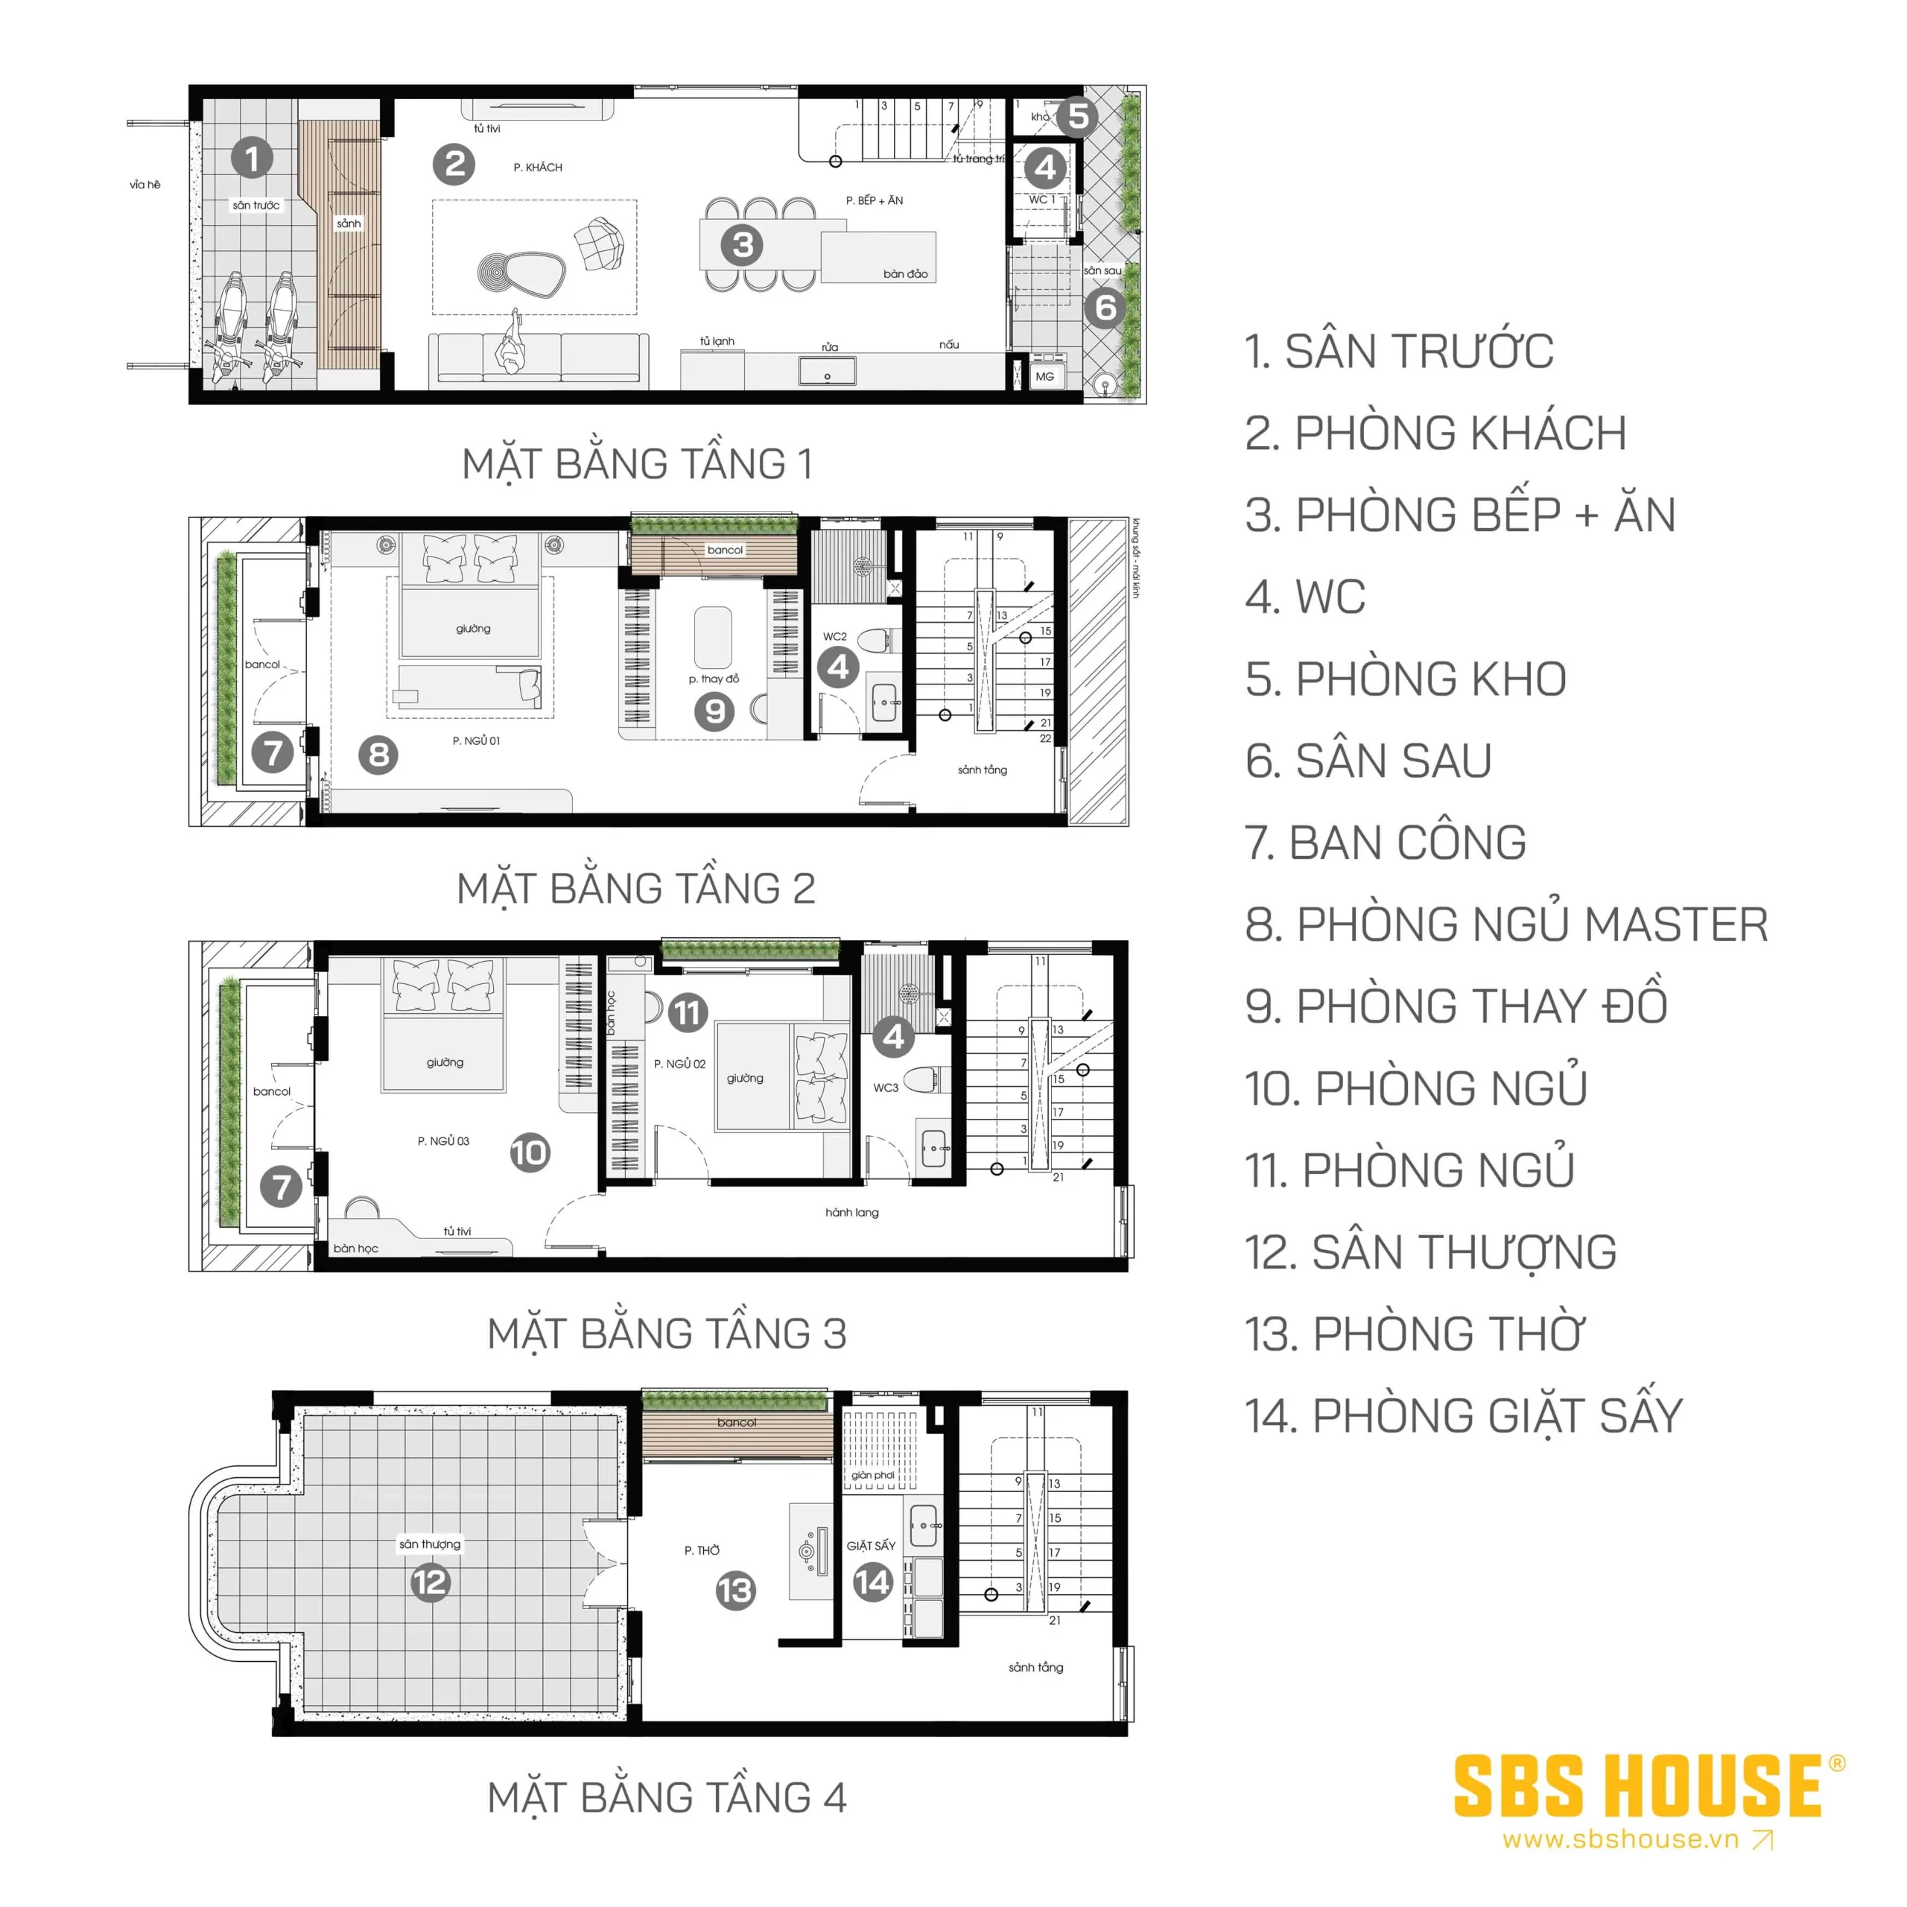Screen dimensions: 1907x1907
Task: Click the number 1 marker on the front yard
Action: (x=252, y=158)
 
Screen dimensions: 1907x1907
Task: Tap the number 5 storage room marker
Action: (x=1078, y=115)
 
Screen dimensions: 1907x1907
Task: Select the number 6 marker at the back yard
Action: (x=1105, y=308)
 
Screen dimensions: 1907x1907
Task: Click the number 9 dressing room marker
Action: (x=714, y=711)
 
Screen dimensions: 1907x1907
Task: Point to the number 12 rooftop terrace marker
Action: (x=429, y=1582)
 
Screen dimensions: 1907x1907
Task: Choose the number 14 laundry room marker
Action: (x=872, y=1581)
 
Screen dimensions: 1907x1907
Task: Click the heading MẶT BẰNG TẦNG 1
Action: (x=637, y=464)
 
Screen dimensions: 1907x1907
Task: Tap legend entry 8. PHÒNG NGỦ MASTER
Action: (x=1505, y=925)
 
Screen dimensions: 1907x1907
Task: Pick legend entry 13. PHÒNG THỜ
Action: (x=1413, y=1334)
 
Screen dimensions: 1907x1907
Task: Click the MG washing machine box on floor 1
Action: (x=1044, y=376)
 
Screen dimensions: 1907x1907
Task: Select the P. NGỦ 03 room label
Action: (x=443, y=1141)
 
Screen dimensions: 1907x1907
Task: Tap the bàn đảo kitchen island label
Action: (x=905, y=273)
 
